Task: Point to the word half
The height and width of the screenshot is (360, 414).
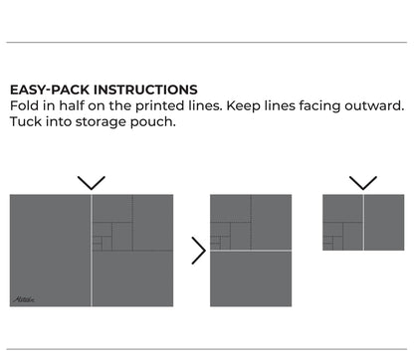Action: tap(78, 105)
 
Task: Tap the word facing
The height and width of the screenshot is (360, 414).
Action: tap(333, 105)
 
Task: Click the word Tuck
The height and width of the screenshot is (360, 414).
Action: tap(27, 122)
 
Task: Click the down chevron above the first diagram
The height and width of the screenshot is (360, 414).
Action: tap(92, 183)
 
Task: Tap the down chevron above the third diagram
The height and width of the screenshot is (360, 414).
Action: tap(363, 183)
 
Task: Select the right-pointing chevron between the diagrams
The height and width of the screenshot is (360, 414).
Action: tap(198, 251)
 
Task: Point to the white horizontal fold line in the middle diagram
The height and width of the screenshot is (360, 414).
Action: tap(251, 251)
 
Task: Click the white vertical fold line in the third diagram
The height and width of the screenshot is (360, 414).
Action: tap(363, 222)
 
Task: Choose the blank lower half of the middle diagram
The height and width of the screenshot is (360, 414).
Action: tap(251, 278)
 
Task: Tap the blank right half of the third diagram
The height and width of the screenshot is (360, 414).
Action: tap(384, 222)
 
